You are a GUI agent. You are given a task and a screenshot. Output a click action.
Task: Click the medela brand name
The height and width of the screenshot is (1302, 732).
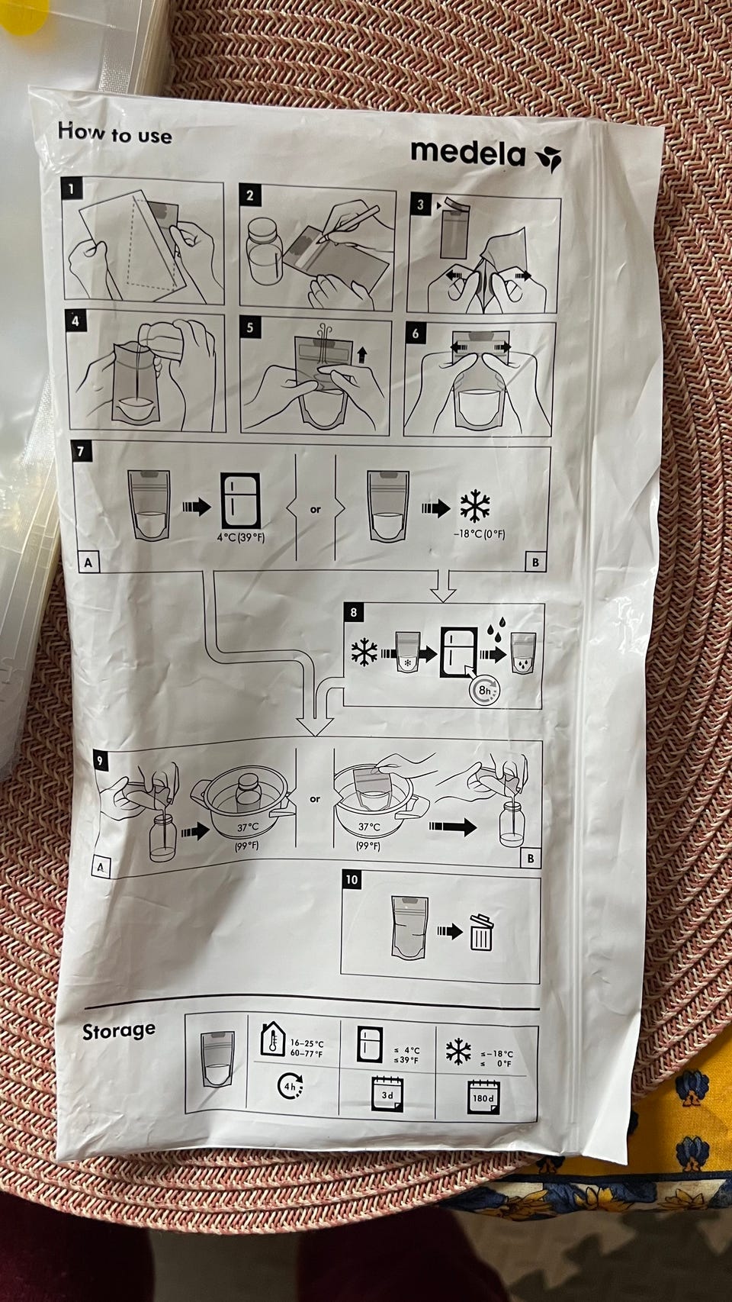click(467, 153)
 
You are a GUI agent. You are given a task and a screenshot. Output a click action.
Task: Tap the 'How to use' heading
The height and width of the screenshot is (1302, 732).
click(114, 133)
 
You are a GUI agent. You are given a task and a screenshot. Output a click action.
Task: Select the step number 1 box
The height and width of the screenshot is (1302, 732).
click(72, 189)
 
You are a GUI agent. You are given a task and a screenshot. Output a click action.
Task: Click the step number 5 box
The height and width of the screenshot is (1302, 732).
click(250, 327)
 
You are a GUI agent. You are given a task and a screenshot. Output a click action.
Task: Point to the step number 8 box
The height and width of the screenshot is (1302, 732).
click(355, 612)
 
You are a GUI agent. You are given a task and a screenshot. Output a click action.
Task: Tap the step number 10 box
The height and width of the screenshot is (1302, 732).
click(352, 879)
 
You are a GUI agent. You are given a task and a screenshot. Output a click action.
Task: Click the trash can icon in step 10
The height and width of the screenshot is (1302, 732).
click(481, 933)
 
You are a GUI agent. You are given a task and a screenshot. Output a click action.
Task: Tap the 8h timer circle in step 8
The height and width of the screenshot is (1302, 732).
click(483, 691)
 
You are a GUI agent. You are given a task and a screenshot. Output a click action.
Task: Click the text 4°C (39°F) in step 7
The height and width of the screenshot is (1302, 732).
click(240, 537)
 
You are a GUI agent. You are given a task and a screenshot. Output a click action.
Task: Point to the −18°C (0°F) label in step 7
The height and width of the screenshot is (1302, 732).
click(479, 534)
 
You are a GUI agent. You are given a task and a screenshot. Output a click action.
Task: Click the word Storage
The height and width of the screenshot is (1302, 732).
click(118, 1030)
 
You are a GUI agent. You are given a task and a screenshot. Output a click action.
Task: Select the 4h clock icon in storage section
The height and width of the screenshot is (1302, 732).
click(290, 1085)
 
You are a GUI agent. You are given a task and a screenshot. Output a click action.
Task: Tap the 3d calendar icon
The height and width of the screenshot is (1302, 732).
click(387, 1094)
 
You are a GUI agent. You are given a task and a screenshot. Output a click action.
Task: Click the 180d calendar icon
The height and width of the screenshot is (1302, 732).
click(483, 1097)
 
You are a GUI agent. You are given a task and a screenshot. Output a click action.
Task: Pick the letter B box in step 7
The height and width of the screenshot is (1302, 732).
click(535, 562)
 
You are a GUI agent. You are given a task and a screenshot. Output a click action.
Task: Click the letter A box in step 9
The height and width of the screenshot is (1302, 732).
click(101, 867)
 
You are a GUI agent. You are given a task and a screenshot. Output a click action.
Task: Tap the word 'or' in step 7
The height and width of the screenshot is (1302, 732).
click(315, 510)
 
